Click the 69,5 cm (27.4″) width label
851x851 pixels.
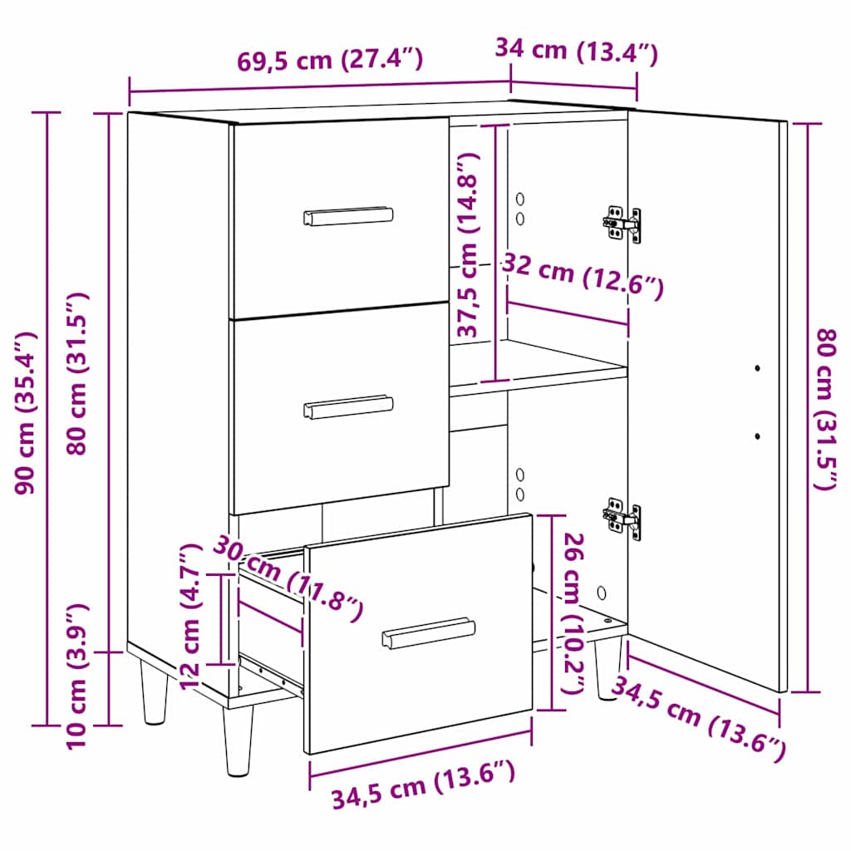pyautogui.click(x=330, y=61)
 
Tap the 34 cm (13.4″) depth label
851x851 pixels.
pyautogui.click(x=576, y=51)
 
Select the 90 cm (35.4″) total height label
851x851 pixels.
pyautogui.click(x=27, y=413)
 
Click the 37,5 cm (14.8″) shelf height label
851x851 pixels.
pyautogui.click(x=469, y=245)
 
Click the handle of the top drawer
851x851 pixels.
pyautogui.click(x=348, y=216)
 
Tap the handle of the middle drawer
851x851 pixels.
pyautogui.click(x=348, y=406)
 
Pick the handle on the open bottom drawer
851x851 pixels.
pyautogui.click(x=427, y=632)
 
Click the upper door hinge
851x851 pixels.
pyautogui.click(x=622, y=224)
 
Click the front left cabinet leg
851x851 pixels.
pyautogui.click(x=238, y=740)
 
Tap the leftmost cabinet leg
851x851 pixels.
pyautogui.click(x=155, y=690)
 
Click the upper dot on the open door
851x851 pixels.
pyautogui.click(x=757, y=367)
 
